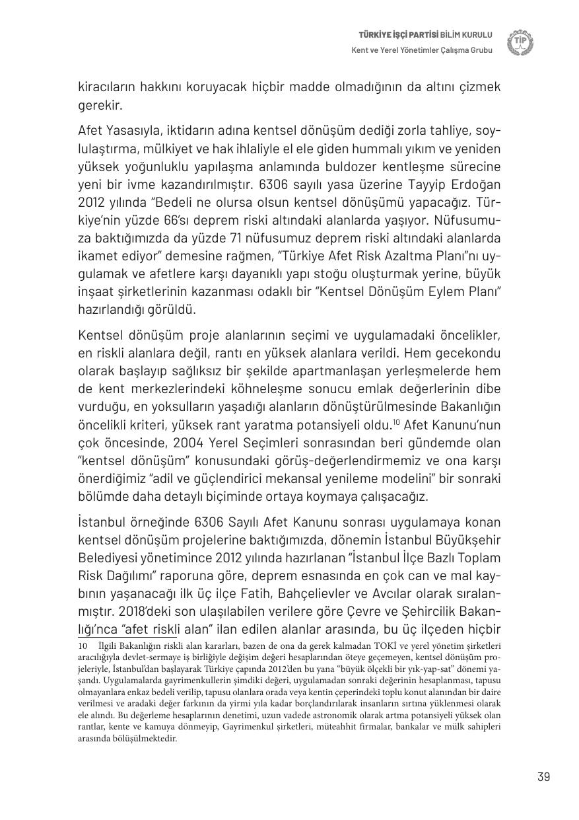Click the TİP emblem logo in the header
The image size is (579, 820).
coord(520,42)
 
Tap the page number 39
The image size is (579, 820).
coord(543,776)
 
